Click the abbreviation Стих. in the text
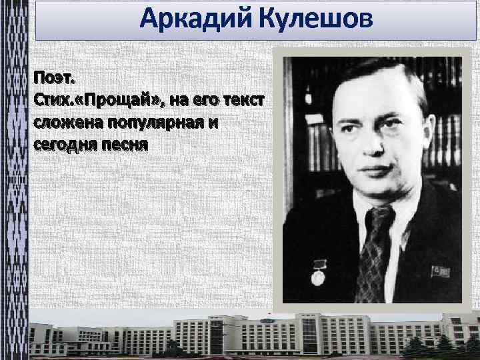pyautogui.click(x=52, y=100)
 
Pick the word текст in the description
pyautogui.click(x=243, y=100)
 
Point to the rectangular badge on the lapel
pyautogui.click(x=441, y=271)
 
